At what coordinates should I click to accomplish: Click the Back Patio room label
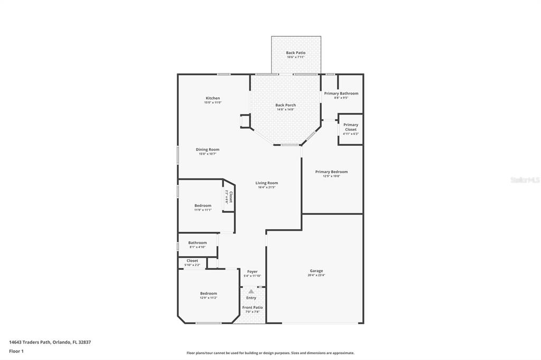295,53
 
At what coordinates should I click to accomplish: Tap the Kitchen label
212,98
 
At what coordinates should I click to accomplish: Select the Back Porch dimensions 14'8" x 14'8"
285,110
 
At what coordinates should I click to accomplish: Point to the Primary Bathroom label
341,93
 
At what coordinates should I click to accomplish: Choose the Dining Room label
207,149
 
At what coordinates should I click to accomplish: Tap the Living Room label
266,183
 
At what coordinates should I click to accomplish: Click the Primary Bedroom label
331,172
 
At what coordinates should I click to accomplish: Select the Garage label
316,271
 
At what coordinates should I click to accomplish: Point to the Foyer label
252,271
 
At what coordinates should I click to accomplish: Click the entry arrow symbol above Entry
251,291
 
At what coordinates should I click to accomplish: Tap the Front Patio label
252,307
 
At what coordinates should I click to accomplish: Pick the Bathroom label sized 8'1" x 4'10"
197,243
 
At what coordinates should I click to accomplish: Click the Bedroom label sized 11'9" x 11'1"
202,206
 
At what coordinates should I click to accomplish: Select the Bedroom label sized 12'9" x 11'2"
208,293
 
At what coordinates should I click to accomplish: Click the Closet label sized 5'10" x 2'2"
192,261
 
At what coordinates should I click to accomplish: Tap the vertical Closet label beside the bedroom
230,197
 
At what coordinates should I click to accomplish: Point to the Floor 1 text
16,350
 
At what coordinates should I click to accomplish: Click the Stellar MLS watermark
525,180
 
